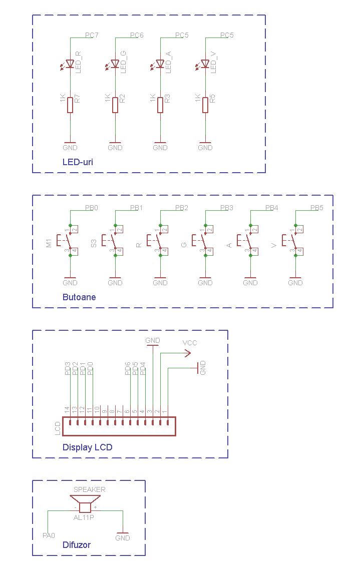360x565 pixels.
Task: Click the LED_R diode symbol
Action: coord(70,64)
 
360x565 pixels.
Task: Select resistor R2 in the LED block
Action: coord(115,105)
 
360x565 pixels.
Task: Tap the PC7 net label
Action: coord(91,36)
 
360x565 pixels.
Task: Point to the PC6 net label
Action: coord(136,36)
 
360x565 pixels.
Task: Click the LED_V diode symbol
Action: coord(205,64)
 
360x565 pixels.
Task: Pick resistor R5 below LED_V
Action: coord(205,105)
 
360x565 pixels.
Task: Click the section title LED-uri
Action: coord(78,162)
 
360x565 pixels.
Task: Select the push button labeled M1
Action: coord(68,241)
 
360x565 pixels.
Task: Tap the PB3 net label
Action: coord(226,208)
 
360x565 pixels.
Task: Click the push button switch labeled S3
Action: coord(113,241)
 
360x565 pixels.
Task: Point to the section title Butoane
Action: coord(79,297)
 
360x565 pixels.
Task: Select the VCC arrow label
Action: coord(190,343)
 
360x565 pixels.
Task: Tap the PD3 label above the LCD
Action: coord(68,368)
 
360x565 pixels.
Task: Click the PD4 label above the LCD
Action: coord(143,368)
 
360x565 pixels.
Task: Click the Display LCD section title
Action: coord(87,447)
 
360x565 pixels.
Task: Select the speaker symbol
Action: coord(85,503)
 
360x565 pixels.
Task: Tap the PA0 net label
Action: coord(49,536)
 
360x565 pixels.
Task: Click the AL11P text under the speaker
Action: coord(84,517)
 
